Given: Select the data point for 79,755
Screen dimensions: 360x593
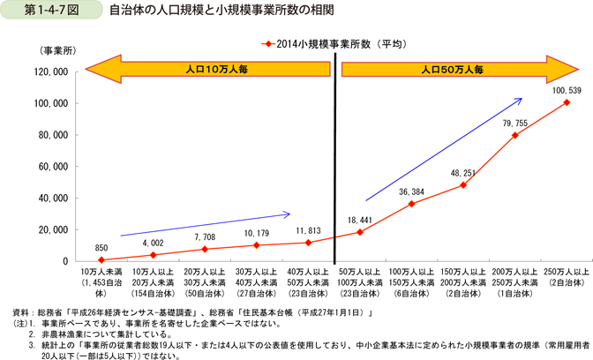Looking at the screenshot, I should [514, 135].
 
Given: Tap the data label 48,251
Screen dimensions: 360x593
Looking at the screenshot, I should [463, 173].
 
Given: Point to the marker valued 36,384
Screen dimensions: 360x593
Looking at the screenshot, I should [412, 204].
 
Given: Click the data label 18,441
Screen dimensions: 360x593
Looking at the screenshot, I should [360, 220].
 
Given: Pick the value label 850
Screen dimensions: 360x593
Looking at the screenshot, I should [101, 247].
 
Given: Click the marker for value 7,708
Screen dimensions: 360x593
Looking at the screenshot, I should [205, 249].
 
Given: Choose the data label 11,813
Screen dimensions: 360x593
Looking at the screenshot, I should [308, 230].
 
